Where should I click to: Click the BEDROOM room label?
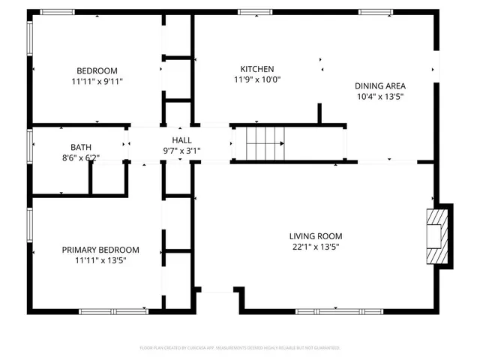pyautogui.click(x=97, y=70)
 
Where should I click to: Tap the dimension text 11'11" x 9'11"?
pyautogui.click(x=97, y=81)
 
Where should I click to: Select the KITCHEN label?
pyautogui.click(x=256, y=68)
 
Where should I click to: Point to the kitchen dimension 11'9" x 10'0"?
pyautogui.click(x=256, y=79)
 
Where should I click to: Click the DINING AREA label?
pyautogui.click(x=385, y=85)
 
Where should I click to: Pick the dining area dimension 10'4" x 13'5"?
pyautogui.click(x=385, y=96)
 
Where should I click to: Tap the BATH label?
pyautogui.click(x=81, y=147)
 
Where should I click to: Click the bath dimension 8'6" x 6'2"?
pyautogui.click(x=81, y=157)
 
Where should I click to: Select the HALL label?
pyautogui.click(x=181, y=140)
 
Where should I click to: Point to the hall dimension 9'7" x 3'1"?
pyautogui.click(x=181, y=151)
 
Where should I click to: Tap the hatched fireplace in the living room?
pyautogui.click(x=436, y=235)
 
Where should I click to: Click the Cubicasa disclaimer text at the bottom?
pyautogui.click(x=240, y=348)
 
